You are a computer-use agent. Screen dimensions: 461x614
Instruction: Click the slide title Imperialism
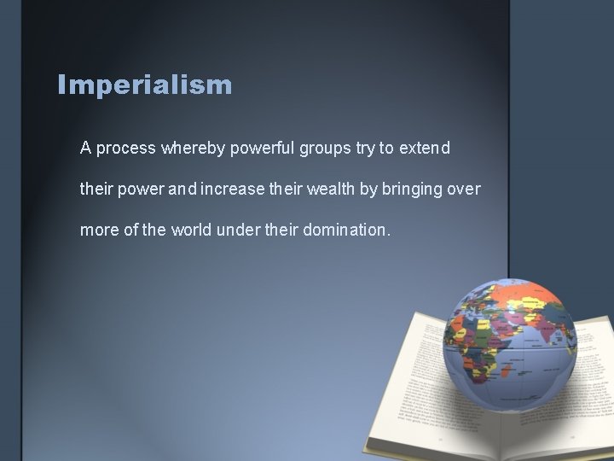(x=144, y=85)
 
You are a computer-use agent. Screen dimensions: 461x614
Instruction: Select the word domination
(x=349, y=230)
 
